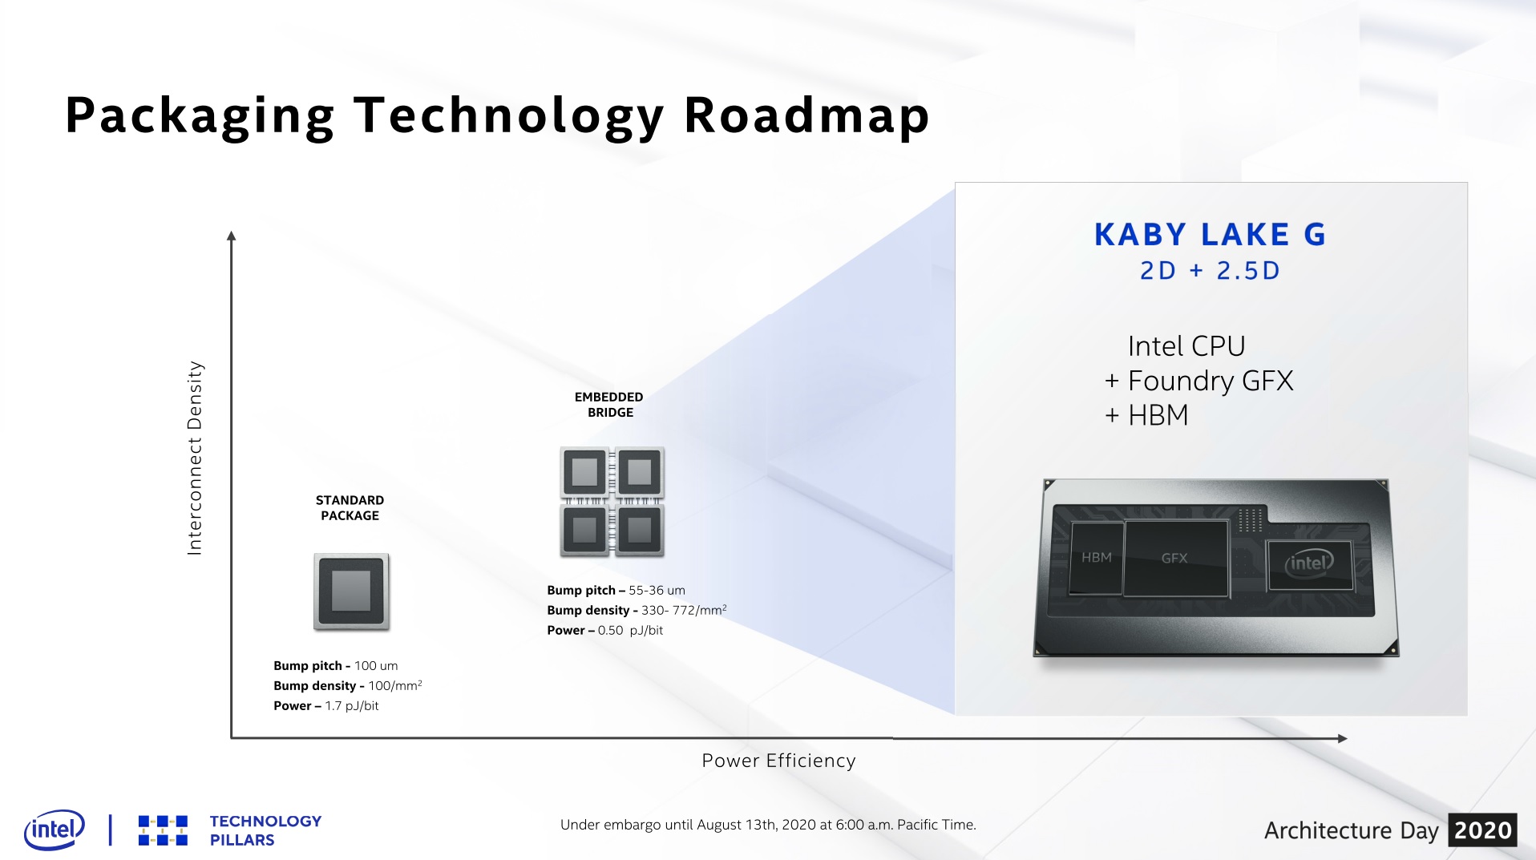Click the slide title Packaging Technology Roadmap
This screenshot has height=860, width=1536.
pyautogui.click(x=497, y=116)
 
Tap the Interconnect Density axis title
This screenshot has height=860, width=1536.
pyautogui.click(x=195, y=458)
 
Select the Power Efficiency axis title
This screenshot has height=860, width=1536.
pyautogui.click(x=778, y=761)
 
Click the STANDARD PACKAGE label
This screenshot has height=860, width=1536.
pyautogui.click(x=350, y=508)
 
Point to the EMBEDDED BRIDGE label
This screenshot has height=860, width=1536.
pyautogui.click(x=609, y=405)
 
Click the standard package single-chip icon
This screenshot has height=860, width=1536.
pyautogui.click(x=351, y=592)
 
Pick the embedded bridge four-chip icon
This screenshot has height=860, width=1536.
pyautogui.click(x=612, y=502)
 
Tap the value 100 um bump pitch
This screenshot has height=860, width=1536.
pyautogui.click(x=376, y=666)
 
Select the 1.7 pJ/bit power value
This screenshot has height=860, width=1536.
pyautogui.click(x=351, y=706)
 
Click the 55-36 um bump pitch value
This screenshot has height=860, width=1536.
pyautogui.click(x=657, y=591)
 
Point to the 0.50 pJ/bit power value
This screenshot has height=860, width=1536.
pyautogui.click(x=630, y=631)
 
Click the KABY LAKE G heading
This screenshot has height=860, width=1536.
pyautogui.click(x=1210, y=235)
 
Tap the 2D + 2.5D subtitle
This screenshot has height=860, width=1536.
pyautogui.click(x=1210, y=271)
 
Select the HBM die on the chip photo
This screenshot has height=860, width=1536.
pyautogui.click(x=1097, y=558)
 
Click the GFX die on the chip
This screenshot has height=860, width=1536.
pyautogui.click(x=1175, y=558)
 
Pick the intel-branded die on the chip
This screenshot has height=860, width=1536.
pyautogui.click(x=1309, y=563)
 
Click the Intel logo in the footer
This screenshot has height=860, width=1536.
pyautogui.click(x=55, y=830)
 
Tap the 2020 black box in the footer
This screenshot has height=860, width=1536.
pyautogui.click(x=1483, y=830)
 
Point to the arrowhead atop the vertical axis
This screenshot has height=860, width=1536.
pyautogui.click(x=232, y=236)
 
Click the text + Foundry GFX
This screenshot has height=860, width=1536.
pyautogui.click(x=1198, y=381)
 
